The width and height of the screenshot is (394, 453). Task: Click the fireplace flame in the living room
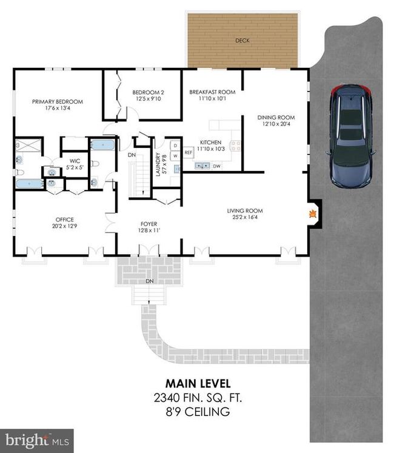[x=313, y=214]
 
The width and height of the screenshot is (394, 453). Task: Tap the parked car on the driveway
[x=351, y=135]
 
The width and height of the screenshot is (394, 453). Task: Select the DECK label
[x=242, y=41]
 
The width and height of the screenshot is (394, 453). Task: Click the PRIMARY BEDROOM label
[x=58, y=102]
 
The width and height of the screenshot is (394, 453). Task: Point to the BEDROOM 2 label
[x=148, y=92]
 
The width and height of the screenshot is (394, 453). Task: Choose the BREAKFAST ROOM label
[x=212, y=92]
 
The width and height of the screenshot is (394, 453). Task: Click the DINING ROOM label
[x=276, y=117]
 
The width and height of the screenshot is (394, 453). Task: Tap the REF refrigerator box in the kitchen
[x=189, y=153]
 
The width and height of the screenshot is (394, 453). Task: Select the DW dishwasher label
[x=216, y=166]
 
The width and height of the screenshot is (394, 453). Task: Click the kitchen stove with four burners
[x=235, y=146]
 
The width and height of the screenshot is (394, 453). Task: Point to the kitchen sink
[x=202, y=166]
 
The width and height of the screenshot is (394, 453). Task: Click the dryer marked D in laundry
[x=175, y=146]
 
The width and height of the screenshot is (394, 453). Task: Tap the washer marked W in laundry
[x=175, y=156]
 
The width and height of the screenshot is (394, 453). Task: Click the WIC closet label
[x=75, y=161]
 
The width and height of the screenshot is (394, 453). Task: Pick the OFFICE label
[x=65, y=220]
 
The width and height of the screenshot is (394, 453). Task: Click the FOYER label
[x=149, y=224]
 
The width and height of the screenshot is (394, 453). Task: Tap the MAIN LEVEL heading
[x=198, y=384]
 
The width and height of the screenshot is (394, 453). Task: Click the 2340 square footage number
[x=167, y=398]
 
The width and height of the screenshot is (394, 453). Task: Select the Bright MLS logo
[x=37, y=441]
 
